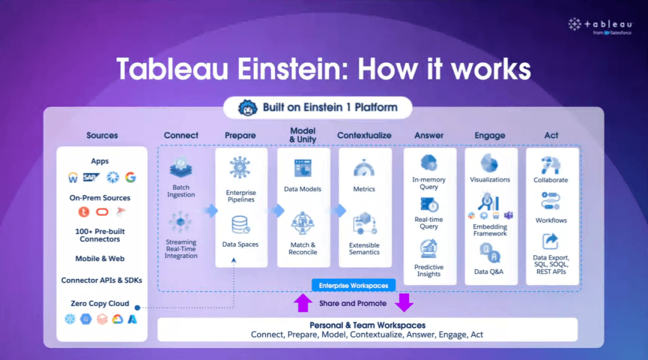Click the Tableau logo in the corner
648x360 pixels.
[x=600, y=27]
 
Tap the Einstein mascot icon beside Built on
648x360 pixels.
[x=247, y=108]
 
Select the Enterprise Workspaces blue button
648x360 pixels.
[x=353, y=285]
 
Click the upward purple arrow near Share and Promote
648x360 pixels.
[x=303, y=303]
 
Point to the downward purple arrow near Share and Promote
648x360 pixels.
[x=404, y=303]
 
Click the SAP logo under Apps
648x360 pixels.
[x=91, y=177]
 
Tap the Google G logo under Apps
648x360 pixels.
[x=130, y=177]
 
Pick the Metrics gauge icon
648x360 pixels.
[x=364, y=169]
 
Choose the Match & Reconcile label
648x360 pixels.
[x=303, y=249]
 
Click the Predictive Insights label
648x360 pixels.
[x=429, y=271]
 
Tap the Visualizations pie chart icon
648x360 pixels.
[x=490, y=164]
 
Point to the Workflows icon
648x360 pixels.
[x=551, y=201]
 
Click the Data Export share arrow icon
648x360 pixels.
[x=551, y=242]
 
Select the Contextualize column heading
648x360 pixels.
[x=364, y=135]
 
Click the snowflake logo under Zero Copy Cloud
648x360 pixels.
[x=70, y=319]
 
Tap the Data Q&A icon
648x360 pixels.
[x=490, y=252]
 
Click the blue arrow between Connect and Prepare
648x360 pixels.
[x=211, y=211]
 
